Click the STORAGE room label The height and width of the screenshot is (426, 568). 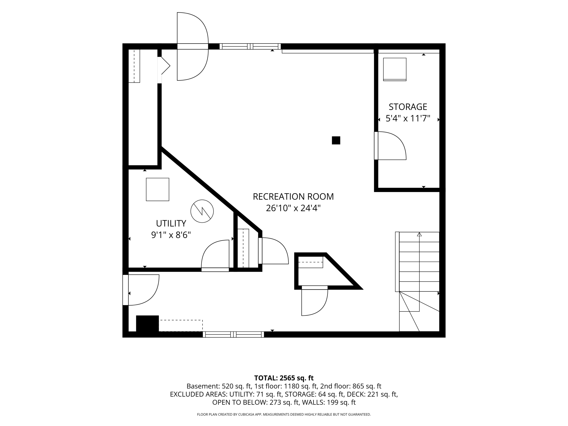pyautogui.click(x=408, y=107)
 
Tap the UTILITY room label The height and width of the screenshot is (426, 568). pyautogui.click(x=171, y=223)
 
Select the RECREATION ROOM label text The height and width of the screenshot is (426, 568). pyautogui.click(x=293, y=197)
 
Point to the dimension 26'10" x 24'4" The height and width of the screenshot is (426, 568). pyautogui.click(x=293, y=208)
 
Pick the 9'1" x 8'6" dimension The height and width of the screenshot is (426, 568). pyautogui.click(x=171, y=235)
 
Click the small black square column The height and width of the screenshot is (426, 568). pyautogui.click(x=336, y=140)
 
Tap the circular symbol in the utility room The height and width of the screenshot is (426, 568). pyautogui.click(x=202, y=211)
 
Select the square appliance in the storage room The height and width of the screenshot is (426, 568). pyautogui.click(x=395, y=69)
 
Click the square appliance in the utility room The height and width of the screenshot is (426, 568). pyautogui.click(x=157, y=190)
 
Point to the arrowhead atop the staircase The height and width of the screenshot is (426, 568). pyautogui.click(x=419, y=234)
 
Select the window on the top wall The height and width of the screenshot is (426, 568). pyautogui.click(x=250, y=46)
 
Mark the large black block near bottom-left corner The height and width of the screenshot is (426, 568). pyautogui.click(x=147, y=324)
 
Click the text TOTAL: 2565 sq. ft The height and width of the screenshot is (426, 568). pyautogui.click(x=284, y=378)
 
